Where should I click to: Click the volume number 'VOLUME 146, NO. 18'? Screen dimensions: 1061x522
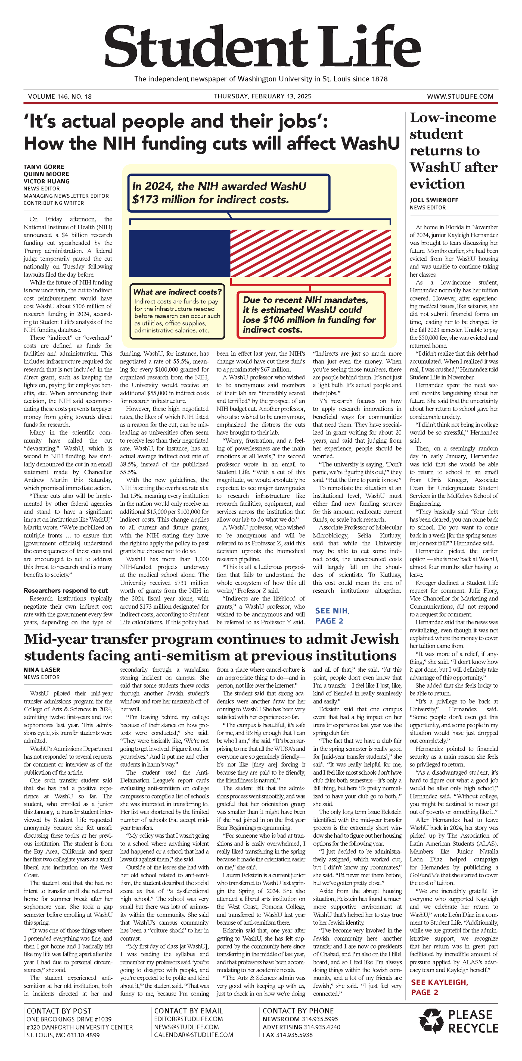click(60, 96)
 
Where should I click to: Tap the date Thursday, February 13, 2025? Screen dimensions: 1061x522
click(262, 96)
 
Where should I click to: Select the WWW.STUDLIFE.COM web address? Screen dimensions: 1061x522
click(460, 96)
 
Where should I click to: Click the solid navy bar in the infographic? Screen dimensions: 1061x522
click(180, 253)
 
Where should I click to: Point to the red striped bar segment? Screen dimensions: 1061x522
click(310, 253)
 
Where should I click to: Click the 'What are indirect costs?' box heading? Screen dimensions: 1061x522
click(177, 292)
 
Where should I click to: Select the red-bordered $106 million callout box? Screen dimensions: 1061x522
click(311, 315)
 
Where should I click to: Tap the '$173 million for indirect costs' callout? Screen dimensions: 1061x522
click(229, 193)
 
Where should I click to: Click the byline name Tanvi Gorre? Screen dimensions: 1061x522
click(44, 167)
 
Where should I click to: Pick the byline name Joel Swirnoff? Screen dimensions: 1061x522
click(434, 200)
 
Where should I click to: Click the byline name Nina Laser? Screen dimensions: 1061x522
click(42, 670)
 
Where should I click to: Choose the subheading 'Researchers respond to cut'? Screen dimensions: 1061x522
click(66, 590)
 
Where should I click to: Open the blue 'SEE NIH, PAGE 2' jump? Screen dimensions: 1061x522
click(332, 615)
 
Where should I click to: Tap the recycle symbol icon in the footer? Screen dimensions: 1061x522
click(431, 1020)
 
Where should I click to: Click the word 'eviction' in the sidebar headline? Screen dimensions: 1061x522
click(437, 184)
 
